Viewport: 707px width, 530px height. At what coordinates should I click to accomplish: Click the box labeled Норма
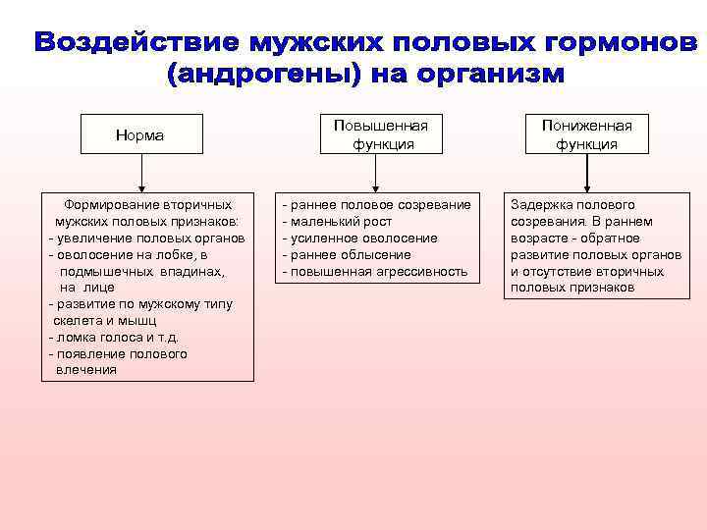[141, 135]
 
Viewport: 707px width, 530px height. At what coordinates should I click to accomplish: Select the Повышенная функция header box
[380, 134]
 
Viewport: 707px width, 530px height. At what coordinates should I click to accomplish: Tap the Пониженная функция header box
[587, 134]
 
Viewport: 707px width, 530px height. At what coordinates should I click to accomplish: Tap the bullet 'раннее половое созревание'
[376, 205]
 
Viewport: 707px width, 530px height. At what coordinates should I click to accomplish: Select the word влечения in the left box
[86, 370]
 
